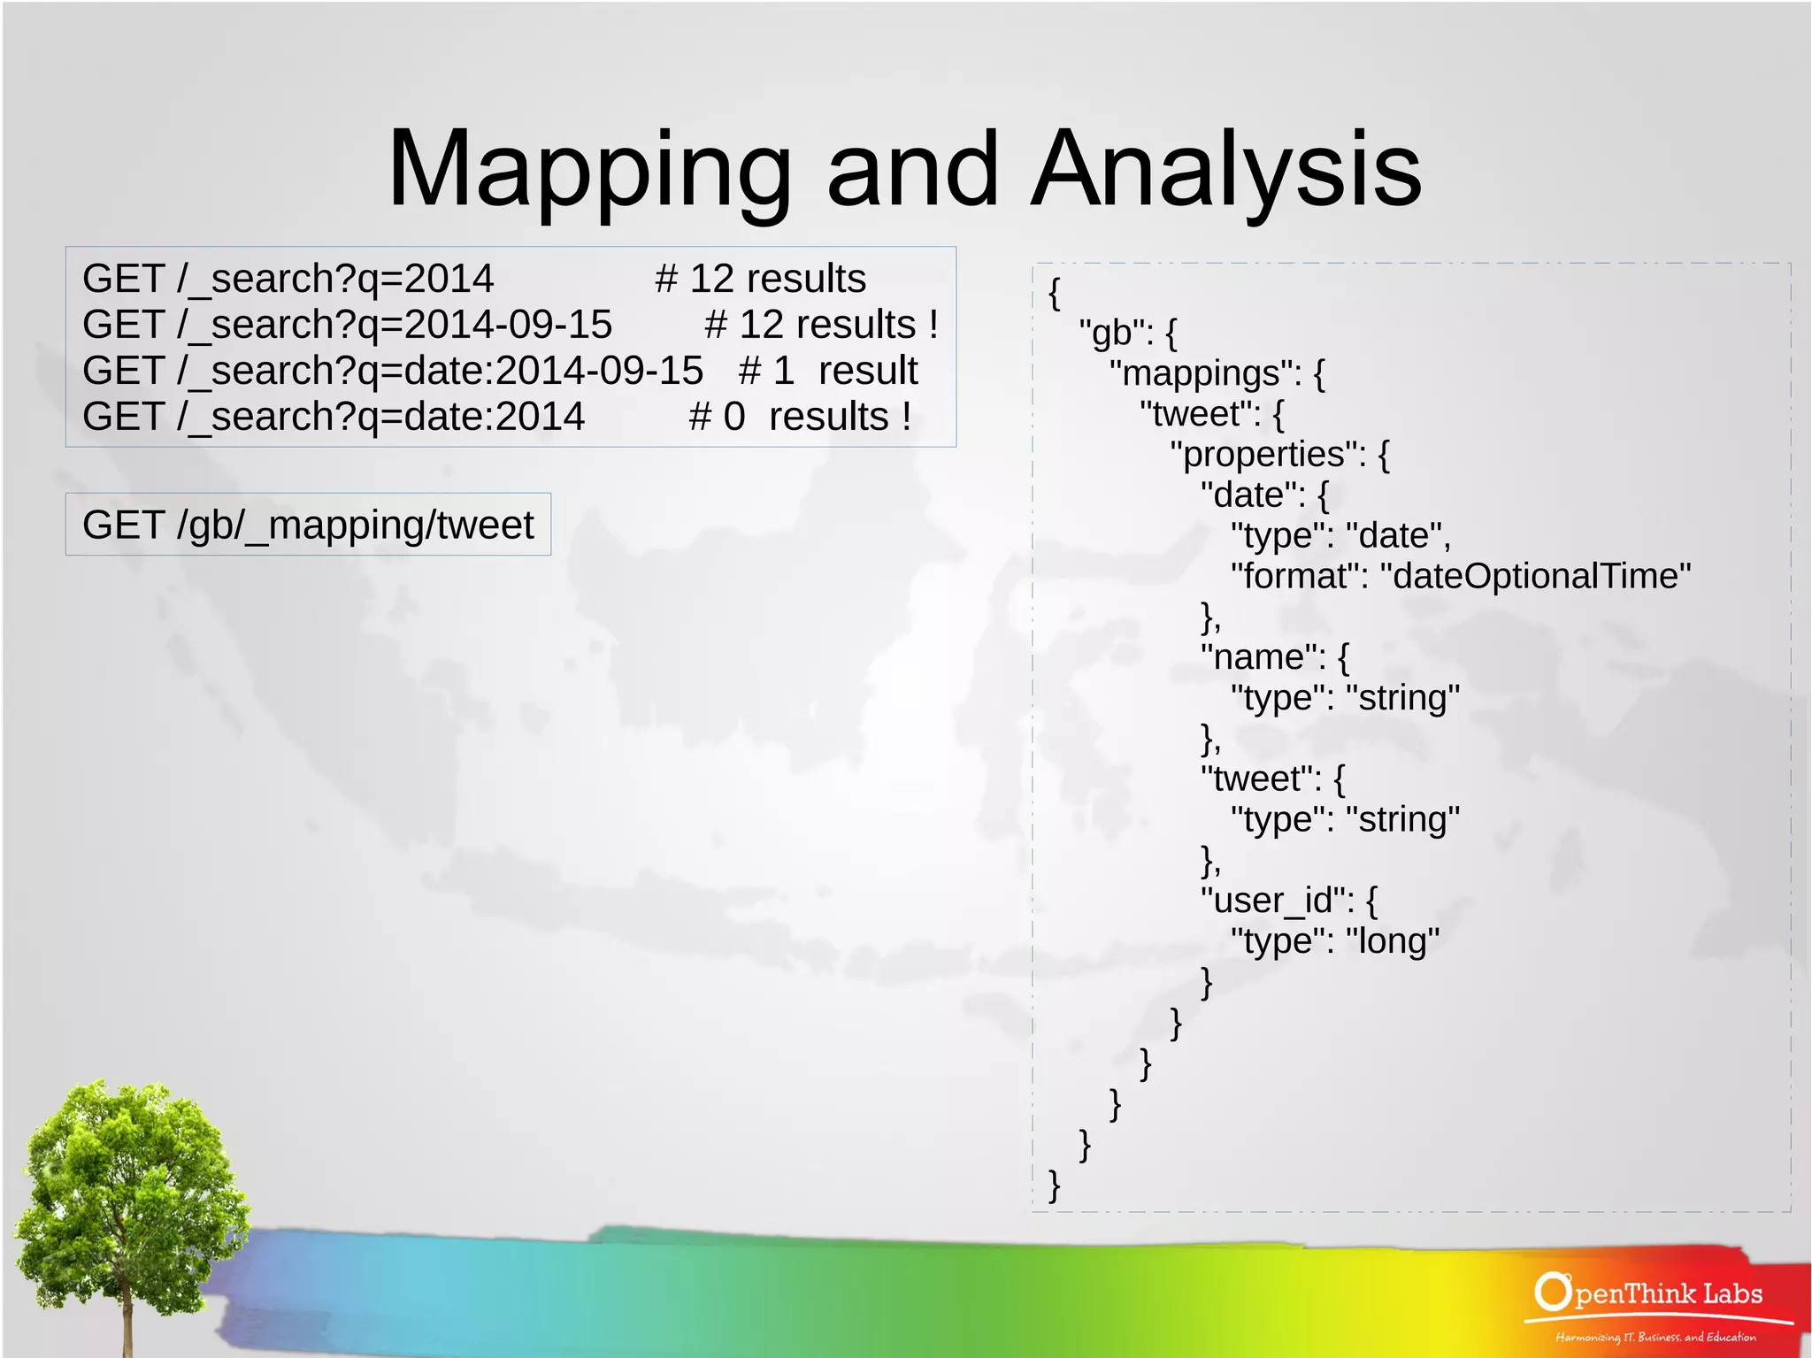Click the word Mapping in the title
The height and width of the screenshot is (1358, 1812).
(x=588, y=170)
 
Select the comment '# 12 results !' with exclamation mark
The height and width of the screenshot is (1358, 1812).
(x=820, y=325)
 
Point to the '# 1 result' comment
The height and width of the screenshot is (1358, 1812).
(x=828, y=371)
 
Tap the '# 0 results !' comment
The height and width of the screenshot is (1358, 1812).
(x=800, y=417)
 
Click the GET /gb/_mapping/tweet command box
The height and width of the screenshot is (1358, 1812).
(x=308, y=525)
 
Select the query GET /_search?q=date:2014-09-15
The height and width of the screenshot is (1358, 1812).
(x=392, y=371)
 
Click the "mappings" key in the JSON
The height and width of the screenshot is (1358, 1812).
(x=1204, y=374)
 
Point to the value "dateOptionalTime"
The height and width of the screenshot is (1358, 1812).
(x=1540, y=577)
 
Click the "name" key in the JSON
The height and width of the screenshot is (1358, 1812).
(x=1263, y=657)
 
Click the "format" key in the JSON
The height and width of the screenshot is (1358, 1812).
(x=1299, y=577)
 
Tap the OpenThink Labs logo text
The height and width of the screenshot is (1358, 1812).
(x=1649, y=1293)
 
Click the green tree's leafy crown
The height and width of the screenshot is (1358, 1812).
(x=133, y=1168)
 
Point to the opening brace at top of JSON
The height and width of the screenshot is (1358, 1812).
(x=1054, y=293)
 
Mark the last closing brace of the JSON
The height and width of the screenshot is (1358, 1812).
(x=1054, y=1185)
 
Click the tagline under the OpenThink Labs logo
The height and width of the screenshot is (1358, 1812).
(x=1655, y=1337)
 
